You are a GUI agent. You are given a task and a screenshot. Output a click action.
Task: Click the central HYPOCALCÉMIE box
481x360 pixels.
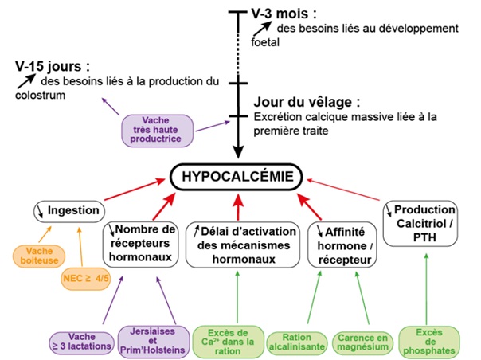coord(239,176)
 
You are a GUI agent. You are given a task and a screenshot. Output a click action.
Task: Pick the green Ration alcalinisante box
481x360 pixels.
coord(295,342)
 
